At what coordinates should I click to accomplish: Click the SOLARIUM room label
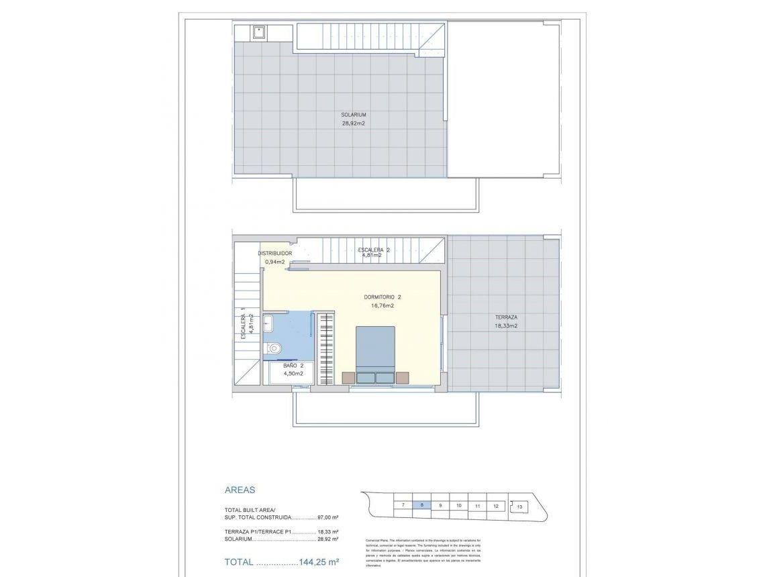tap(353, 115)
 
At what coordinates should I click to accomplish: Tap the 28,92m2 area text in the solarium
tap(353, 123)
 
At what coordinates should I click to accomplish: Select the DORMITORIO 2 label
tap(382, 297)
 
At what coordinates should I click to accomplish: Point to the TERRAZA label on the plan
tap(506, 317)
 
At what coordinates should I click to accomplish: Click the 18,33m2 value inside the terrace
tap(506, 326)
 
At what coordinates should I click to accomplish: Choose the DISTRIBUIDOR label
tap(275, 253)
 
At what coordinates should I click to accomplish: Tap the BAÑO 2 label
tap(293, 366)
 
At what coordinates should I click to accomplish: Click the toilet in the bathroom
tap(273, 348)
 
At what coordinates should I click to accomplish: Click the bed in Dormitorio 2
tap(375, 354)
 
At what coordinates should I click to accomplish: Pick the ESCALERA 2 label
tap(374, 250)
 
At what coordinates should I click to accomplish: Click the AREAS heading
tap(240, 490)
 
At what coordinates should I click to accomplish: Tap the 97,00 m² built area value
tap(327, 518)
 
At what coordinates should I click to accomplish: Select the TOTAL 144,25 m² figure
tap(281, 562)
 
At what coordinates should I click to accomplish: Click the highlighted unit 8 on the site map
tap(421, 505)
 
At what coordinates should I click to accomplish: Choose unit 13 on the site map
tap(519, 507)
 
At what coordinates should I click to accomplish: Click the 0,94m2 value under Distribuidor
tap(275, 262)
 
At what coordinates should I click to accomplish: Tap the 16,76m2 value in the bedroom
tap(382, 305)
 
